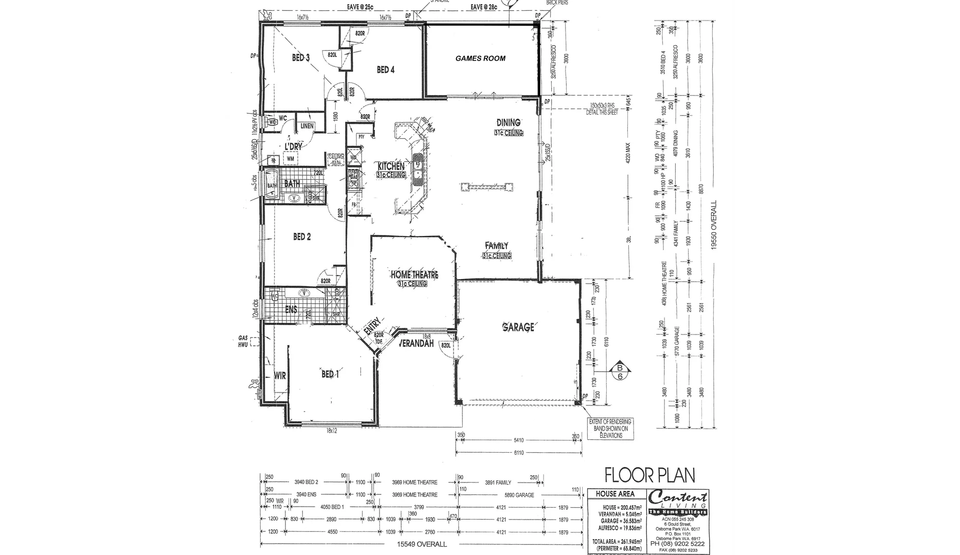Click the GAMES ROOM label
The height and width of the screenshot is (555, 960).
point(480,59)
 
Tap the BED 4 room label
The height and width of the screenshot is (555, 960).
point(386,70)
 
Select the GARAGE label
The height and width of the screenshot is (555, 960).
point(518,327)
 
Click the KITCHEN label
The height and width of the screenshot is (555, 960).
point(391,166)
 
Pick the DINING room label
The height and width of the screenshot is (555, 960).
point(508,122)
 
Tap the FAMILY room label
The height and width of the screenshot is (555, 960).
point(496,246)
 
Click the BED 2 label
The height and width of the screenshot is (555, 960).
point(302,237)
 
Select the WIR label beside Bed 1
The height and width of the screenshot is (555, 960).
point(280,376)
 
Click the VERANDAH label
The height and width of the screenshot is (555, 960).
point(416,343)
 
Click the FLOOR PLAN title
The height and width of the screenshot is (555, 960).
point(649,475)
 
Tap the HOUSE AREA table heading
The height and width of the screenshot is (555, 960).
point(614,494)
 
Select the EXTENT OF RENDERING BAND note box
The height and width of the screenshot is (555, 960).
point(610,429)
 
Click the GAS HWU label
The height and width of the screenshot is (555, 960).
point(243,341)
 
